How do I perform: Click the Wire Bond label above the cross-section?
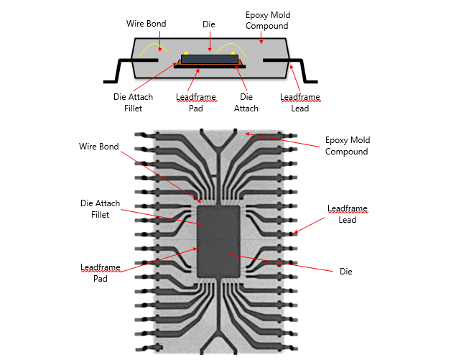[146, 24]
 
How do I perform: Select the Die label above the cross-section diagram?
[209, 24]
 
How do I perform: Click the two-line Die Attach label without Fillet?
[246, 103]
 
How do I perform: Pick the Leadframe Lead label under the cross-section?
[299, 103]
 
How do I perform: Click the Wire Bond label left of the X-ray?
[98, 147]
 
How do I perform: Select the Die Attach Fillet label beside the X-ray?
[94, 208]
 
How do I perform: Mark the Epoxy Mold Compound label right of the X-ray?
[348, 146]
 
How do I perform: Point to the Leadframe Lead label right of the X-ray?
[348, 213]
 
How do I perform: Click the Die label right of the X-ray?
[346, 272]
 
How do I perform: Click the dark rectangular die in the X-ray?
[221, 241]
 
